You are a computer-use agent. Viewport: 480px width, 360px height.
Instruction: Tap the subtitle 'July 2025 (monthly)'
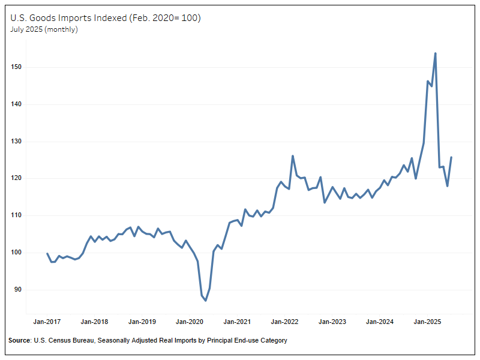click(44, 29)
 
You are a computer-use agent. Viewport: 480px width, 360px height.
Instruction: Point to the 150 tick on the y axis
click(16, 67)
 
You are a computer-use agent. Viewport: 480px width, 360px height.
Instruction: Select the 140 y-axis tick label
click(16, 104)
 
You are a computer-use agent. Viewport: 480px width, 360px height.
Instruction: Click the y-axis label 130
click(16, 142)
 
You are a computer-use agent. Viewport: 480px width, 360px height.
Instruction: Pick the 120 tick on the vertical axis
click(16, 178)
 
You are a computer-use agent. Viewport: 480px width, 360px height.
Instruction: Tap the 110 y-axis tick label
click(16, 215)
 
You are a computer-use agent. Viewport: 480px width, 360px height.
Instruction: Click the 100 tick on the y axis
click(16, 253)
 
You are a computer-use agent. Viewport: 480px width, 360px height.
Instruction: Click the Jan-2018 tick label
click(94, 322)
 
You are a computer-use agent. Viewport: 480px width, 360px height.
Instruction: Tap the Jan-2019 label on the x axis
click(142, 322)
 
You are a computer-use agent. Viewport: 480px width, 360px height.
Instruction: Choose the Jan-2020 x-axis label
click(189, 322)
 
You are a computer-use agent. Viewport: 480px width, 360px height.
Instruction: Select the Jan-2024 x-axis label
click(379, 322)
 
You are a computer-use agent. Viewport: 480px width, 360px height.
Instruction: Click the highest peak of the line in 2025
click(435, 53)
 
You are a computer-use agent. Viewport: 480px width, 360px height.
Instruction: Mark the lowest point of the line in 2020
click(206, 301)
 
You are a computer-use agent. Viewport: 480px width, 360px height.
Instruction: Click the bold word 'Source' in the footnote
click(20, 341)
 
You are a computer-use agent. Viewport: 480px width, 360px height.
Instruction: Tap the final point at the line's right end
click(451, 157)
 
